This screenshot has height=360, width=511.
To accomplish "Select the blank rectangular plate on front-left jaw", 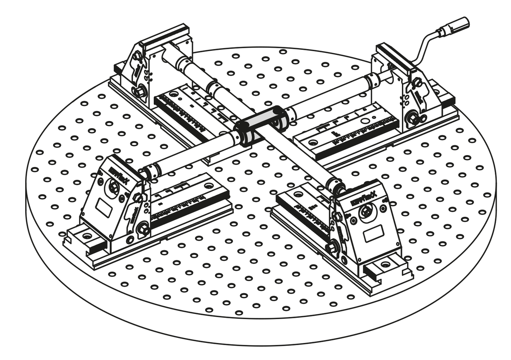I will pos(104,208).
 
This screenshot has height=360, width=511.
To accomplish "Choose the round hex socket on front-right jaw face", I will pos(366,212).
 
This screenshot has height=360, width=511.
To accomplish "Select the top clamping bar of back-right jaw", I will pos(394,55).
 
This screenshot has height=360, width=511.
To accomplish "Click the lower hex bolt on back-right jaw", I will pos(412,118).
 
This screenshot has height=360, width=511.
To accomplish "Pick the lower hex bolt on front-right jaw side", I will pos(332,247).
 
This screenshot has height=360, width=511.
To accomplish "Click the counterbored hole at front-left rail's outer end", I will pos(87,235).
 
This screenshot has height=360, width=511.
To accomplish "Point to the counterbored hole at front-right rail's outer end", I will pos(386,265).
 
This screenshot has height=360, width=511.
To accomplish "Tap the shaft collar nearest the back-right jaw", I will pos(373,80).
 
